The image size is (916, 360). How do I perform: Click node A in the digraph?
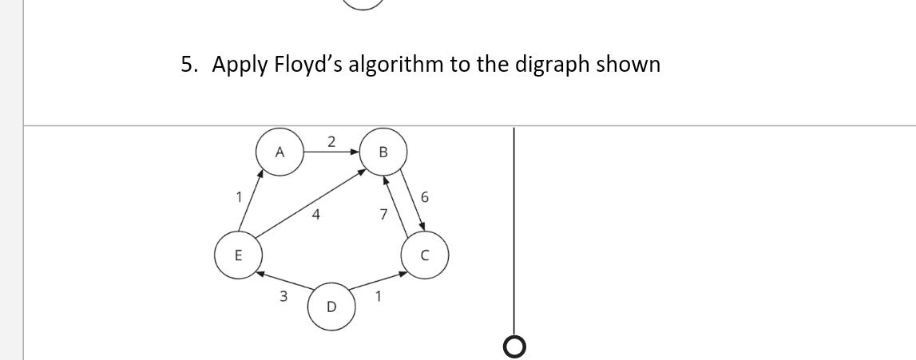pos(280,152)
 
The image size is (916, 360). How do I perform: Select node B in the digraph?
pos(383,152)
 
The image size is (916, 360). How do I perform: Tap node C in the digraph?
pos(425,255)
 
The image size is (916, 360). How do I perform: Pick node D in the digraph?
pos(331,306)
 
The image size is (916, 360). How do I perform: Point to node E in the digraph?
pos(236,255)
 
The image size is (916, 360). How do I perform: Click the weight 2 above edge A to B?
pos(331,142)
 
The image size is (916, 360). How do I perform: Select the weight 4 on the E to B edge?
pos(317,214)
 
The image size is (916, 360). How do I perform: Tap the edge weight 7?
pos(384,214)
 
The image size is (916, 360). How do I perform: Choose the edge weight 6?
pos(424,196)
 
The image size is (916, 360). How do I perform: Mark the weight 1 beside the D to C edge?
pos(379,296)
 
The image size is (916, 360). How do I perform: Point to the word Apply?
pos(240,65)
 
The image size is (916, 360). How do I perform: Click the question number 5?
pos(188,65)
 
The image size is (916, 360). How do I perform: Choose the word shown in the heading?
pos(631,65)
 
